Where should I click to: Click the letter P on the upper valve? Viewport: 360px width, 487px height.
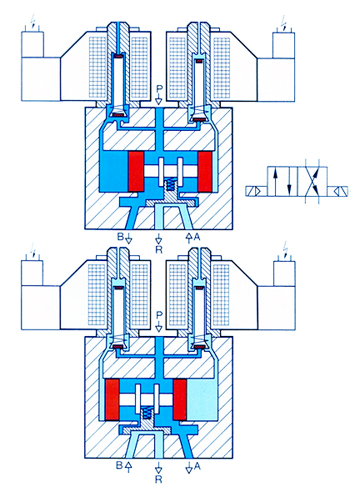159,89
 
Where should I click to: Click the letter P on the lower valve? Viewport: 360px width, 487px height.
159,315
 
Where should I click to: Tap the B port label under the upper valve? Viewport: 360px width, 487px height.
120,237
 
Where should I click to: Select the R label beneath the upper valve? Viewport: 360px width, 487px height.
159,249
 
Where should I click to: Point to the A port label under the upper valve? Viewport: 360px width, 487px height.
197,237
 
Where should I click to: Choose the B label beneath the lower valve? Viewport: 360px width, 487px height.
119,465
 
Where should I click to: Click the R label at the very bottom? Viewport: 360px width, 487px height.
158,479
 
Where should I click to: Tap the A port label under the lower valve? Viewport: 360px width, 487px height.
197,465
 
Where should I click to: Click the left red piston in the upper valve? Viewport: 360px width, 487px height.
136,171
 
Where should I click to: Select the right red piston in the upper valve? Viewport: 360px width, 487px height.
205,171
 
